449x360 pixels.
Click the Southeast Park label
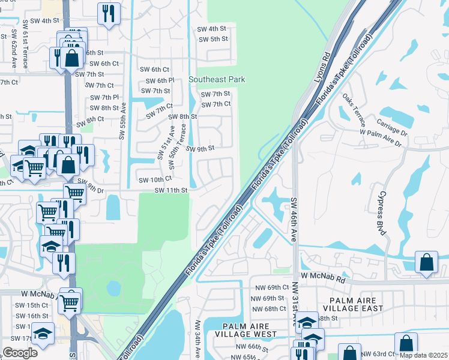pyautogui.click(x=217, y=79)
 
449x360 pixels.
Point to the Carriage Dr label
pyautogui.click(x=392, y=127)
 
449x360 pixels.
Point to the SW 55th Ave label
pyautogui.click(x=122, y=121)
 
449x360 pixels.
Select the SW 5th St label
pyautogui.click(x=212, y=39)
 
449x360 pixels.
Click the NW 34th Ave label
pyautogui.click(x=197, y=339)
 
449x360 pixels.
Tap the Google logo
pyautogui.click(x=20, y=352)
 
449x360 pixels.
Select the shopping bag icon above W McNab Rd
pyautogui.click(x=426, y=263)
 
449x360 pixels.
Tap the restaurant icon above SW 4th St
pyautogui.click(x=108, y=13)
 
